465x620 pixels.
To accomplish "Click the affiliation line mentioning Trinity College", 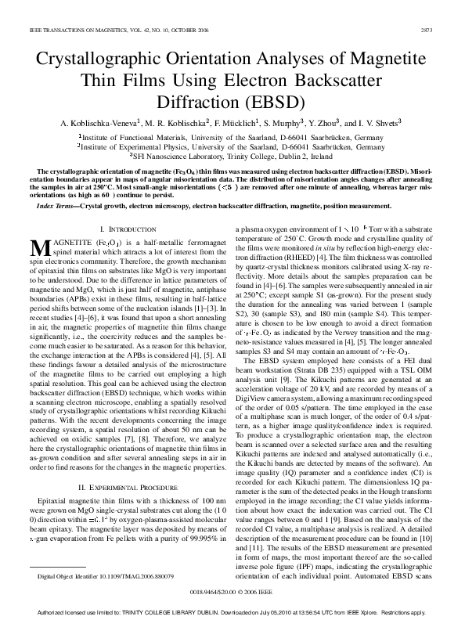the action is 232,155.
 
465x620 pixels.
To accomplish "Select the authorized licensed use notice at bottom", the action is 232,611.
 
